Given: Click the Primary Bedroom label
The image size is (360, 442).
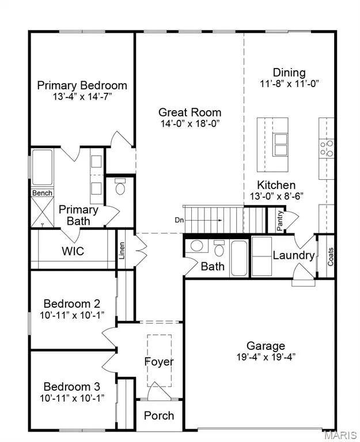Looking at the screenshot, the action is click(82, 85).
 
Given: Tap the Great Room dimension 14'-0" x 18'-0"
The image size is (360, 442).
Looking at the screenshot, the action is click(190, 123).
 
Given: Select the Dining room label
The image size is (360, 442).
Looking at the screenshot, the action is click(289, 73).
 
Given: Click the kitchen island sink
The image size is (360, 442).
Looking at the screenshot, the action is click(281, 145).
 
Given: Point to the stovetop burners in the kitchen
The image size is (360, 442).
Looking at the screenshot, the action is click(327, 148).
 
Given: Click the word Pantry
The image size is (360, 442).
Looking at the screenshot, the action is click(279, 221).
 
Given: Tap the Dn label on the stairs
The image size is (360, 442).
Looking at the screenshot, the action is click(179, 220).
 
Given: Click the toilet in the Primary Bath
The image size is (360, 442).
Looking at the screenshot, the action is click(120, 187).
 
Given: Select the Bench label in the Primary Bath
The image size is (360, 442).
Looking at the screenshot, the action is click(42, 193).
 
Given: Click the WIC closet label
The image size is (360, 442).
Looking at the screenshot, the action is click(73, 251).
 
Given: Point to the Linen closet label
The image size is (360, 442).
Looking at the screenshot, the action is click(122, 251).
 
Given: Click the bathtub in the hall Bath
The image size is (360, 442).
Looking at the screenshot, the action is click(239, 258).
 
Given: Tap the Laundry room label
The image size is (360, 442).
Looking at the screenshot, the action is click(294, 255).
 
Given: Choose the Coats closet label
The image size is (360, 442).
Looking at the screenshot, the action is click(331, 256).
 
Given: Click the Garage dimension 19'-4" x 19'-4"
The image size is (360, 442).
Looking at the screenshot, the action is click(266, 357).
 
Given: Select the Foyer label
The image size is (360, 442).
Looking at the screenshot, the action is click(159, 362).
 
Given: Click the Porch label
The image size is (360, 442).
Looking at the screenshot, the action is click(159, 415).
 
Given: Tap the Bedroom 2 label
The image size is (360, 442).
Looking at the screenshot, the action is click(72, 304).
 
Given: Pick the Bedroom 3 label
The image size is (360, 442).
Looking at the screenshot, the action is click(72, 387).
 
